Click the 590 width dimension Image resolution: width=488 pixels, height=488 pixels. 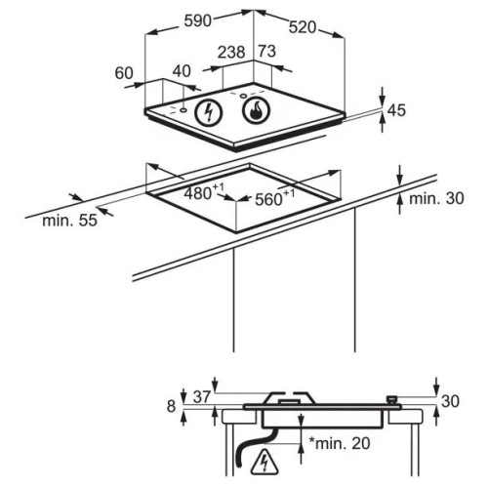pyautogui.click(x=197, y=21)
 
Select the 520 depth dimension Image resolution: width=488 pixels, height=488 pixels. pyautogui.click(x=303, y=27)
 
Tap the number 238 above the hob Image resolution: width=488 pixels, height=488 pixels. pyautogui.click(x=231, y=53)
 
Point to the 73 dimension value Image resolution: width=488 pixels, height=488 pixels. pyautogui.click(x=267, y=51)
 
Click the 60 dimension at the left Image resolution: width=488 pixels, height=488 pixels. pyautogui.click(x=124, y=73)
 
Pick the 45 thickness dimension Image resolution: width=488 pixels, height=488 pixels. pyautogui.click(x=397, y=110)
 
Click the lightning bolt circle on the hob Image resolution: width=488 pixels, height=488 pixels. pyautogui.click(x=209, y=112)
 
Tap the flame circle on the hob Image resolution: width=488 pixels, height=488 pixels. pyautogui.click(x=257, y=110)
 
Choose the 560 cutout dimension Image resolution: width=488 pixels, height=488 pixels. pyautogui.click(x=274, y=198)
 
